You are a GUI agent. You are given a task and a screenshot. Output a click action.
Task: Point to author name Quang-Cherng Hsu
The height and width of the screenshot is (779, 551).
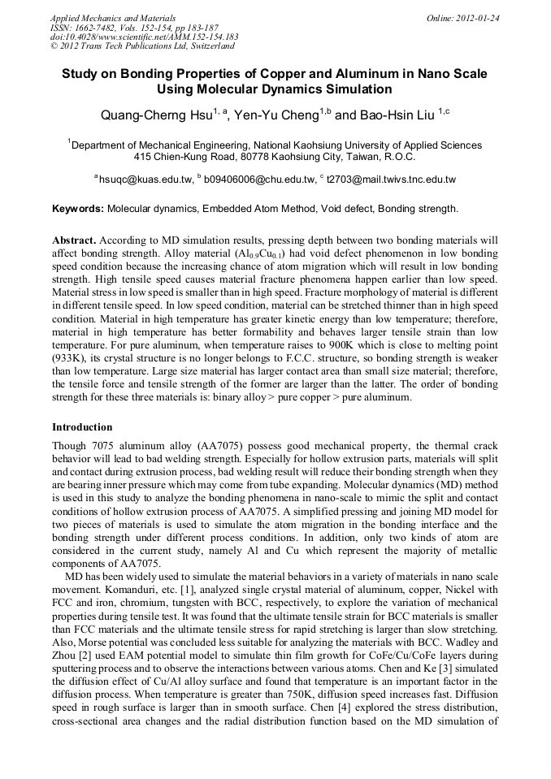pos(154,115)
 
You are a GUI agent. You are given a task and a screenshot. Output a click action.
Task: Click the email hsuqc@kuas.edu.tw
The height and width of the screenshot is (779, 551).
pos(145,179)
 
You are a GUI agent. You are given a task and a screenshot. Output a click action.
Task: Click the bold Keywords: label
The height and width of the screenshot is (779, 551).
pos(78,209)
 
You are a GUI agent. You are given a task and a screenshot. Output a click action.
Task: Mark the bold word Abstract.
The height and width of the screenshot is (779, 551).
pos(75,241)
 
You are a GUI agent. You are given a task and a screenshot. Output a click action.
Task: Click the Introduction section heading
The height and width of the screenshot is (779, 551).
pos(82,426)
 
